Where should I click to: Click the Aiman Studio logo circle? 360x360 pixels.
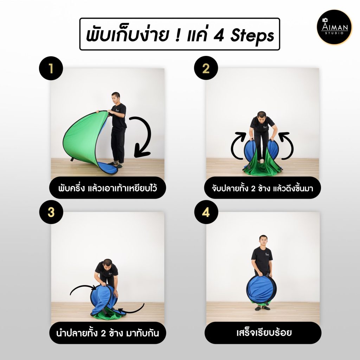[334, 27]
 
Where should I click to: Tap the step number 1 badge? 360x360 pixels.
[51, 68]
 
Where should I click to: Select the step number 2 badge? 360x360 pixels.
[206, 68]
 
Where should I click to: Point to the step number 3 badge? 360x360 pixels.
[51, 212]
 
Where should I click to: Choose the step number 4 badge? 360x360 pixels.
[206, 212]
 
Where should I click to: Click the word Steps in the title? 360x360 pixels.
[252, 36]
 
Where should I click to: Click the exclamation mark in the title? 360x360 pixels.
[178, 35]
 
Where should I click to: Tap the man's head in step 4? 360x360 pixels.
[263, 241]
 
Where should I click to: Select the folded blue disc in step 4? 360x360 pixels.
[261, 290]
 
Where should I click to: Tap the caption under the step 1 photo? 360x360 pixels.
[108, 188]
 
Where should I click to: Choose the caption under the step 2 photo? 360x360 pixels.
[262, 188]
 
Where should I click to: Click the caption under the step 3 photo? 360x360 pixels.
[108, 333]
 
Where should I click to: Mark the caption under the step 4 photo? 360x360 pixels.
[263, 333]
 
